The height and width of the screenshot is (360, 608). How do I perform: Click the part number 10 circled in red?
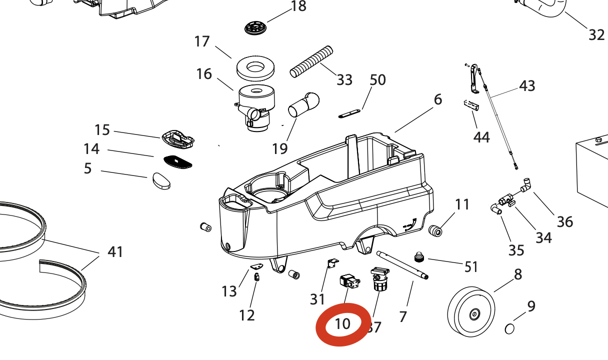pyautogui.click(x=342, y=324)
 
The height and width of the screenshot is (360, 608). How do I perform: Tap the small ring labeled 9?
pyautogui.click(x=510, y=328)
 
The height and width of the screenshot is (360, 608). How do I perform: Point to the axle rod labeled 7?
pyautogui.click(x=402, y=264)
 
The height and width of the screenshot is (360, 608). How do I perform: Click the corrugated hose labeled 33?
pyautogui.click(x=311, y=61)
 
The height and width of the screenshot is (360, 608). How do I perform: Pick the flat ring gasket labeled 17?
pyautogui.click(x=256, y=68)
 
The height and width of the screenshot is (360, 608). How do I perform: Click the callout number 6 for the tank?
pyautogui.click(x=438, y=99)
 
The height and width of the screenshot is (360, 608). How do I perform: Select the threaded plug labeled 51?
pyautogui.click(x=418, y=257)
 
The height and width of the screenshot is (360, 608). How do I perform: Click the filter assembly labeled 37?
pyautogui.click(x=379, y=280)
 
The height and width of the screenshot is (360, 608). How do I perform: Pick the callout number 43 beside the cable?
pyautogui.click(x=527, y=86)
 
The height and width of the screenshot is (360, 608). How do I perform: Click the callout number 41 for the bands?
pyautogui.click(x=115, y=251)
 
